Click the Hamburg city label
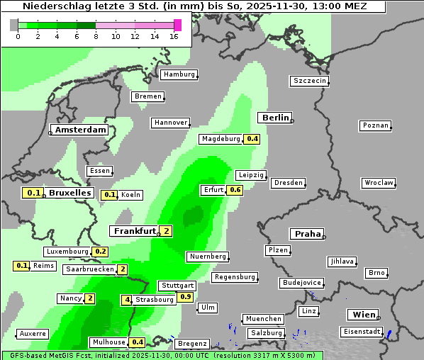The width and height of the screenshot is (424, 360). pyautogui.click(x=179, y=74)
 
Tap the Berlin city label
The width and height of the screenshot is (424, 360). pyautogui.click(x=275, y=118)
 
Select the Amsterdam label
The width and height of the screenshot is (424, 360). pyautogui.click(x=80, y=130)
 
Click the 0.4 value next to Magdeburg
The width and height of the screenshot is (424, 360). pyautogui.click(x=252, y=139)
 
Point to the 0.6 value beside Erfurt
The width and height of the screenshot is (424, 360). pyautogui.click(x=235, y=190)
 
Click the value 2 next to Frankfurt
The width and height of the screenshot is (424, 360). pyautogui.click(x=165, y=231)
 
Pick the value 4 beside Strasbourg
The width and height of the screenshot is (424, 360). pyautogui.click(x=127, y=300)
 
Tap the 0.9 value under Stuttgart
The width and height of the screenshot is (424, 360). pyautogui.click(x=185, y=297)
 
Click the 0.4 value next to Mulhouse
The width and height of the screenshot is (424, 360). pyautogui.click(x=138, y=342)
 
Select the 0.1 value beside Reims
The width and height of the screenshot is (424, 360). pyautogui.click(x=21, y=266)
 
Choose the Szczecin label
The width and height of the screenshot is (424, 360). pyautogui.click(x=310, y=81)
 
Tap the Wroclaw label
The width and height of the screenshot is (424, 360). pyautogui.click(x=379, y=183)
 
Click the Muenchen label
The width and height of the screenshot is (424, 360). pyautogui.click(x=263, y=319)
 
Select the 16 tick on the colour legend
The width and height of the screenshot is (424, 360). pyautogui.click(x=174, y=35)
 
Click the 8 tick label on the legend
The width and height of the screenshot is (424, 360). pyautogui.click(x=96, y=35)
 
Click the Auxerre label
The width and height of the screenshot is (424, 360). pyautogui.click(x=33, y=333)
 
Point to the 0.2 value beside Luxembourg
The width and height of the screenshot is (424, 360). pyautogui.click(x=100, y=252)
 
